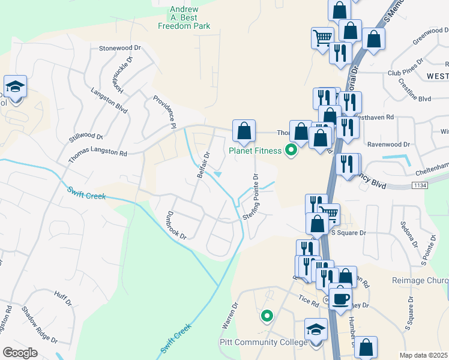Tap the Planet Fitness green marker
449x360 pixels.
click(x=292, y=150)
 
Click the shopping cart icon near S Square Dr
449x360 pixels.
click(x=329, y=212)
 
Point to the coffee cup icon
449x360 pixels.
click(x=340, y=298)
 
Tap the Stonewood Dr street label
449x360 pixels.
click(x=119, y=47)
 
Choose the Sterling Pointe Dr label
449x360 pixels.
click(x=251, y=196)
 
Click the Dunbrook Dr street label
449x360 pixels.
click(x=170, y=225)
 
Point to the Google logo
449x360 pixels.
click(x=20, y=353)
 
